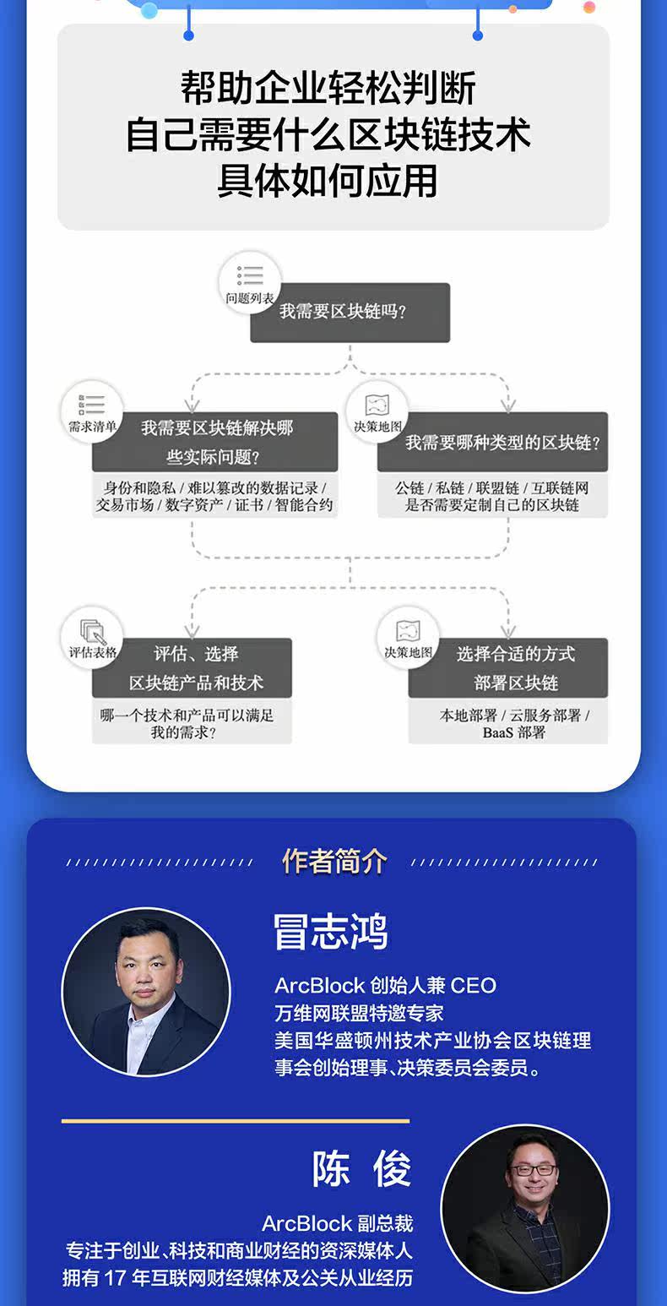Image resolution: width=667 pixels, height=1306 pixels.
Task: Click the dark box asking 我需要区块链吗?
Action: point(350,312)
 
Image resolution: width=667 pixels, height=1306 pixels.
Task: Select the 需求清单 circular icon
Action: point(92,412)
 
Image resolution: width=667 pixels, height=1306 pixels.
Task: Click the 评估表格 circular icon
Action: point(92,637)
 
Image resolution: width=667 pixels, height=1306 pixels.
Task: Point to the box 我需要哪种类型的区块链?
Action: point(502,442)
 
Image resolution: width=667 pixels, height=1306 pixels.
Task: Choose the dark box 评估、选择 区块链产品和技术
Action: point(196,667)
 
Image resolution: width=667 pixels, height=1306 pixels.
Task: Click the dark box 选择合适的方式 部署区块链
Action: point(516,667)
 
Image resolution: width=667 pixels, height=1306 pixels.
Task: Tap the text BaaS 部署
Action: point(514,732)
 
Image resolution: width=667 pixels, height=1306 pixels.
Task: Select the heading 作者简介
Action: point(334,862)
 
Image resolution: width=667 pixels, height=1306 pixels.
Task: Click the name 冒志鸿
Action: point(330,932)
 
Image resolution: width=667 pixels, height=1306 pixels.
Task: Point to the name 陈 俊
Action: point(361,1169)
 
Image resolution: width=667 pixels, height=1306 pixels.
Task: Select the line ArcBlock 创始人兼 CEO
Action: point(385,986)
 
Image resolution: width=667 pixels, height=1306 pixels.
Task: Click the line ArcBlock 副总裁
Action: point(337,1223)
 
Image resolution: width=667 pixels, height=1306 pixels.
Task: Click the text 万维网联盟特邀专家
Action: point(359,1012)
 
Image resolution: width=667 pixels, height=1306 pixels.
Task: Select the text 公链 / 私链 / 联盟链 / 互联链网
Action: point(492,488)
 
